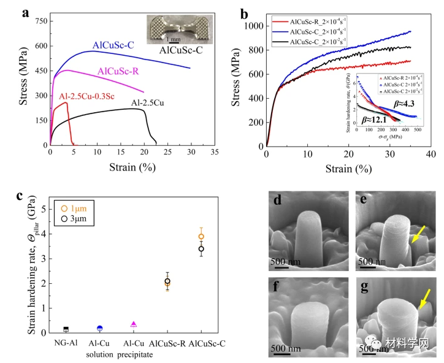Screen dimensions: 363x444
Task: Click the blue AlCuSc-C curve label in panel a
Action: [x=114, y=45]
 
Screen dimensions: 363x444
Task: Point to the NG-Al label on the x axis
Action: [x=66, y=343]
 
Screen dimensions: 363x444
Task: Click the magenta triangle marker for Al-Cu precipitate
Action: [x=134, y=324]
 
